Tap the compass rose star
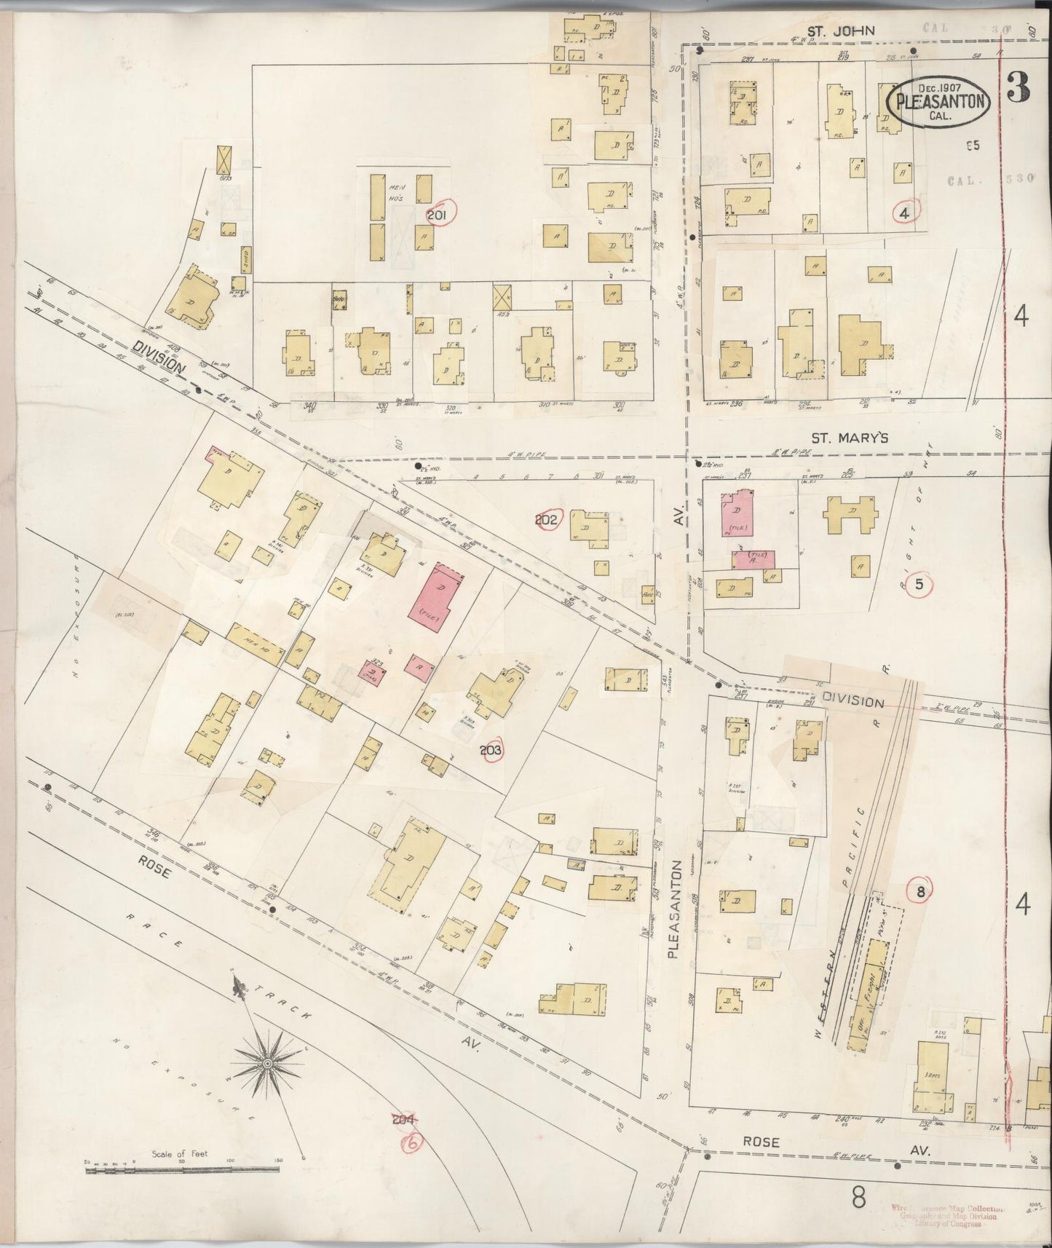(268, 1064)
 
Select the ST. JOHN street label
(830, 31)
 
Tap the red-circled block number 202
(546, 519)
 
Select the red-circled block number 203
(491, 749)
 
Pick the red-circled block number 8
(919, 891)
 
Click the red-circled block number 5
(919, 584)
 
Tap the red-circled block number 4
(904, 213)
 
